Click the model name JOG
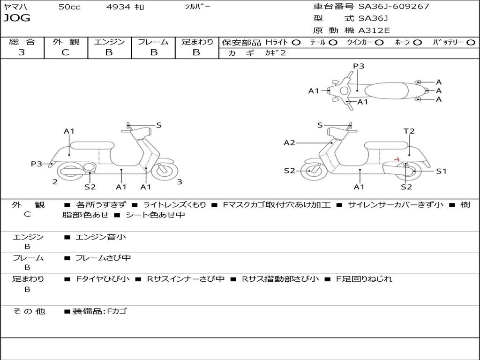click(17, 18)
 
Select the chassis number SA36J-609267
click(393, 7)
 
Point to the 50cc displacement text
click(69, 7)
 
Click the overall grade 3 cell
click(22, 52)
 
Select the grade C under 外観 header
click(66, 52)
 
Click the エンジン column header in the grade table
click(109, 42)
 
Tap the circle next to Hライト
click(296, 43)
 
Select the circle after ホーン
click(418, 43)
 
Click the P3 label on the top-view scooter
click(359, 66)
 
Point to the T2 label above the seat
click(409, 131)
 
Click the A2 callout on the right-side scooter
click(289, 142)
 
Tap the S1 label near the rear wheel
click(441, 171)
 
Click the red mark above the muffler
click(397, 159)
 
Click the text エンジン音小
click(101, 237)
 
